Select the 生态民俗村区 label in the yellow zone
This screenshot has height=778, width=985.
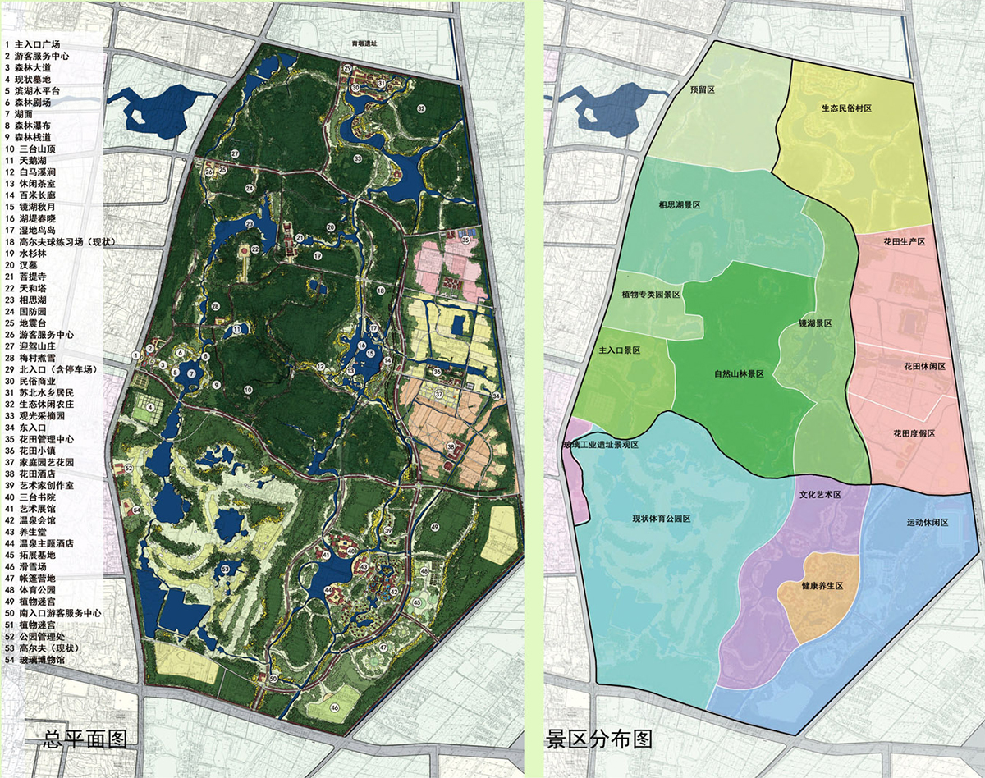[846, 108]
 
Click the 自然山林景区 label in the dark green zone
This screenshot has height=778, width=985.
[739, 373]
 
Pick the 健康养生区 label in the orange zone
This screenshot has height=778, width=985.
[817, 587]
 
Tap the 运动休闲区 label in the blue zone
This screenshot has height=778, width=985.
[928, 522]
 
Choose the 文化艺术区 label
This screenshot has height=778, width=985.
[822, 496]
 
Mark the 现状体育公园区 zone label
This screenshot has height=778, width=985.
[661, 519]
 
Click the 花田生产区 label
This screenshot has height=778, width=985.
[904, 242]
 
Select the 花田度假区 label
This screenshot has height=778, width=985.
[914, 433]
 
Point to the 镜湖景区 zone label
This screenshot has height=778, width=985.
[816, 323]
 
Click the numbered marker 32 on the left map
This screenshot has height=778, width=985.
[421, 108]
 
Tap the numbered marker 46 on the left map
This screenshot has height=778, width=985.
[335, 707]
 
